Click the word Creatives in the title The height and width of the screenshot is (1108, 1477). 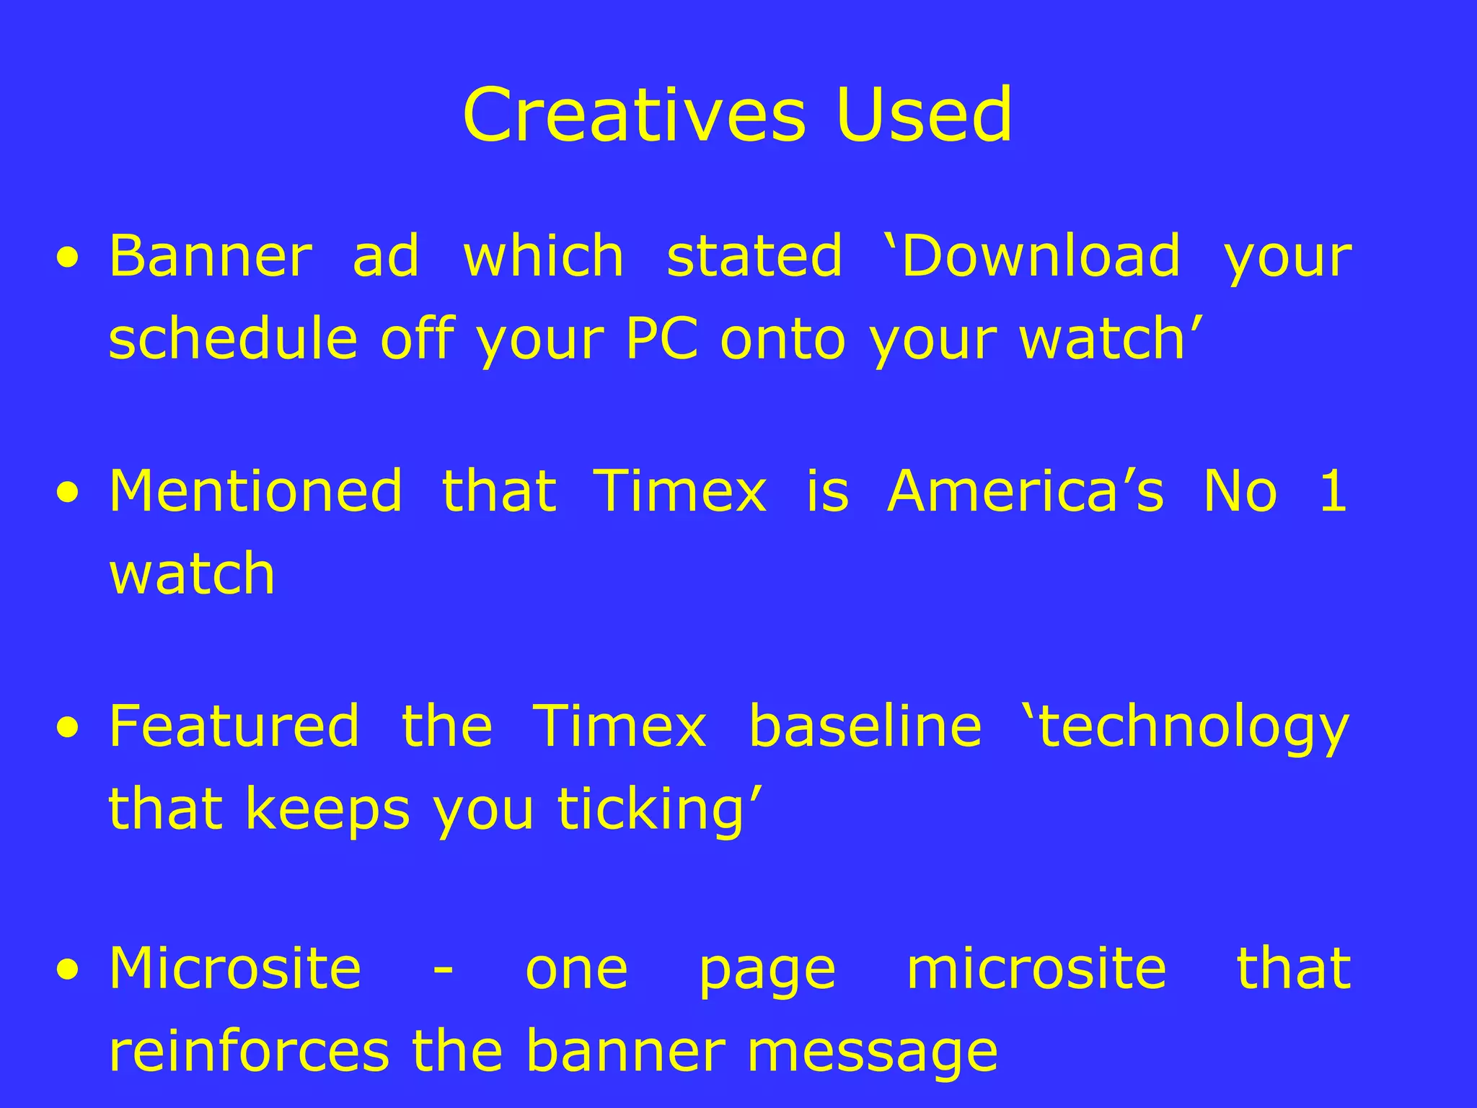[633, 115]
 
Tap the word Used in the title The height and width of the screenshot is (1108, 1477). [924, 115]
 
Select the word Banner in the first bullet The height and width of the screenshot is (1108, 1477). [210, 256]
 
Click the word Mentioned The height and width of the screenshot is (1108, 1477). [255, 491]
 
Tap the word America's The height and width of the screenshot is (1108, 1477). [1025, 491]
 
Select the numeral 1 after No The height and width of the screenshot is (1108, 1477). [1333, 491]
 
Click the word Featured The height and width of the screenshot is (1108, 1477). [234, 726]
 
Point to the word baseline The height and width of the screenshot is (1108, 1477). [865, 726]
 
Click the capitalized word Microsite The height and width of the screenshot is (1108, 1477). [235, 968]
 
